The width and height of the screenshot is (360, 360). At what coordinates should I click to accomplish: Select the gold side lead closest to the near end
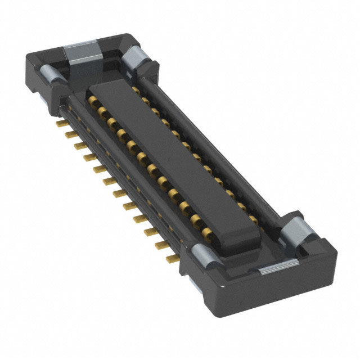pos(172,258)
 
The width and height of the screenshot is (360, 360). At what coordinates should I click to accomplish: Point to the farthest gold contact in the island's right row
pos(136,89)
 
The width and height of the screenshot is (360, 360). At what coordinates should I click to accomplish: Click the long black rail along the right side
pos(214,146)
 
